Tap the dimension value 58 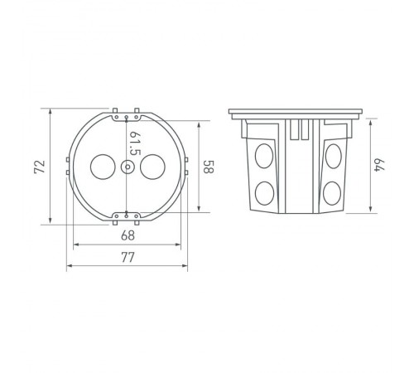click(209, 167)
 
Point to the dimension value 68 click(128, 236)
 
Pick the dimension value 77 click(128, 258)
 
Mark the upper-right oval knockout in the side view click(334, 154)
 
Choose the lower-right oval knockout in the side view click(334, 194)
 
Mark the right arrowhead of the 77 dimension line click(186, 266)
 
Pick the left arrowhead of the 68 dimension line click(76, 245)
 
